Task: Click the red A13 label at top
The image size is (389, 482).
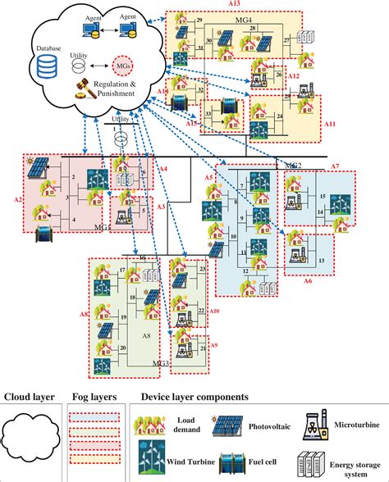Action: tap(234, 4)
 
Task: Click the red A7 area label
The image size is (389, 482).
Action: tap(335, 166)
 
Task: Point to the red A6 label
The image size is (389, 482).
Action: tap(308, 280)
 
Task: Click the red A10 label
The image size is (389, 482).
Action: tap(215, 311)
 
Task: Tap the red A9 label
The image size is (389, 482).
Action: tap(215, 345)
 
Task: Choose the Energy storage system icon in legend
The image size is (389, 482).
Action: tap(317, 461)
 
